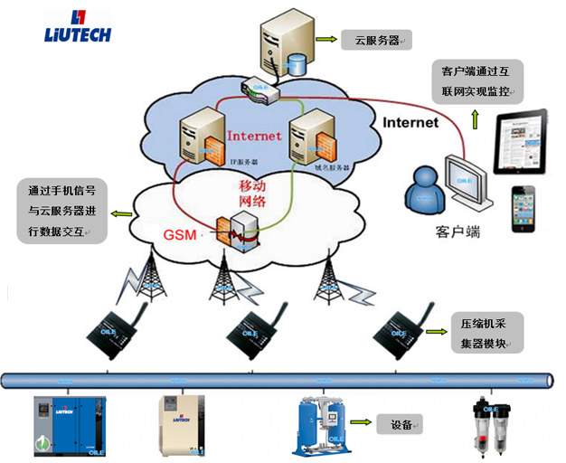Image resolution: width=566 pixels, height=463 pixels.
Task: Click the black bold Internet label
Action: click(410, 122)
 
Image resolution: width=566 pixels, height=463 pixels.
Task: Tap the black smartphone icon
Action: click(524, 211)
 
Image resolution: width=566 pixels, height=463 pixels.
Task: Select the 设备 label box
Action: click(401, 424)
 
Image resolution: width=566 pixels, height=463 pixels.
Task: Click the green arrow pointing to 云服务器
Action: click(325, 41)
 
